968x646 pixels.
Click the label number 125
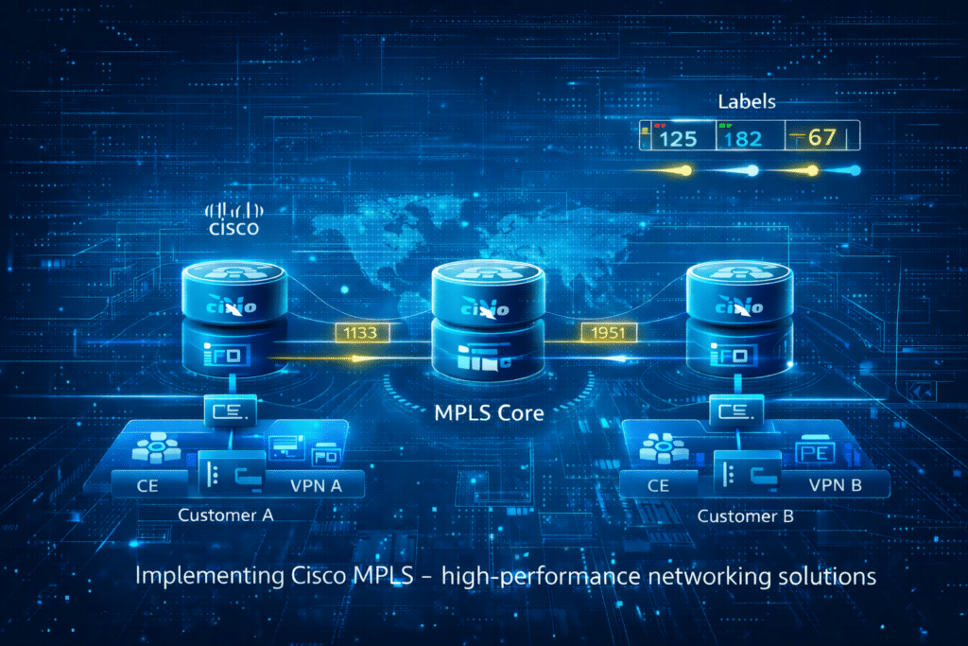(677, 138)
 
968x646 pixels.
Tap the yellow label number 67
(820, 137)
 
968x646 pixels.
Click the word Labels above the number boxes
(747, 101)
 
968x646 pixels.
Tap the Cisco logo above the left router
(234, 218)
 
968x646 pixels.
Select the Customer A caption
(226, 515)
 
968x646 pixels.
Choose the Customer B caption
(746, 516)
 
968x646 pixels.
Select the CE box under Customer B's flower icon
(659, 486)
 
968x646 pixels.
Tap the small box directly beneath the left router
(233, 411)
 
